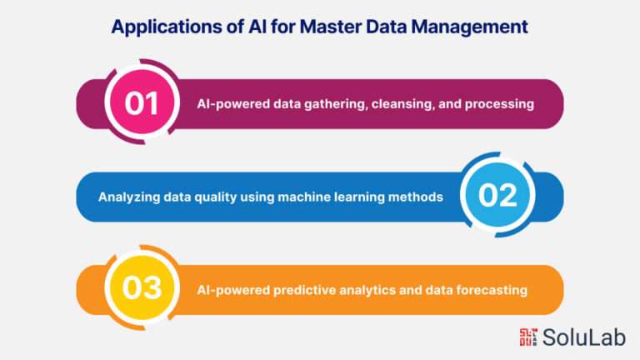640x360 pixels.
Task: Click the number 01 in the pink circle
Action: click(x=141, y=102)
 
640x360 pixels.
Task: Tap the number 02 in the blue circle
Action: click(x=497, y=196)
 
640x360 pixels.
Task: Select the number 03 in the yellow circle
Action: click(x=142, y=287)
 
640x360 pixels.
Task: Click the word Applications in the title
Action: click(x=167, y=27)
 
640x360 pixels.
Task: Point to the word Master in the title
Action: click(x=331, y=27)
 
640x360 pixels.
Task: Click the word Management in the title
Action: click(x=470, y=27)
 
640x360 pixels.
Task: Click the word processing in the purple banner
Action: click(x=499, y=104)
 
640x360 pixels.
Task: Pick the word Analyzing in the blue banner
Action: click(x=129, y=197)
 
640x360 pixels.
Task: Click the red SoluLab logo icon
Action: click(x=528, y=337)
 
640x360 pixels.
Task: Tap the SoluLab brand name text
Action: click(x=584, y=337)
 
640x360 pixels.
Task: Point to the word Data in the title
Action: click(x=387, y=27)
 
